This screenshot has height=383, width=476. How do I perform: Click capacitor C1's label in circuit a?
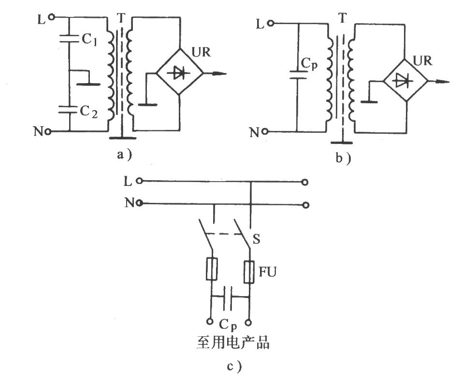point(89,40)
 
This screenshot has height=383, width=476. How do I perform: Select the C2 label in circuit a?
point(89,112)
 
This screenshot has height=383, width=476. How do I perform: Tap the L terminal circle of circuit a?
point(52,17)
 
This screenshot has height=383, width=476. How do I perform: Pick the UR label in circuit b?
point(422,61)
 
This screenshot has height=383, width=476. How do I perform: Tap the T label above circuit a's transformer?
point(121,18)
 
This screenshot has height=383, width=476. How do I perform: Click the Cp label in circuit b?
point(309,64)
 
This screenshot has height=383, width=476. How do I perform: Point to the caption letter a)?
point(125,155)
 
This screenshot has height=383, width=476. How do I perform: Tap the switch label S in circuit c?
point(257,240)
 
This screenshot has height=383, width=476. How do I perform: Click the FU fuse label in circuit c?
point(268,272)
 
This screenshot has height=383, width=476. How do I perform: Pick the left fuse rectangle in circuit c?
point(212,269)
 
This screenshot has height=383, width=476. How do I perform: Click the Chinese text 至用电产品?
point(233,343)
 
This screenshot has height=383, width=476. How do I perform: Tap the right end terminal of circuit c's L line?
point(305,182)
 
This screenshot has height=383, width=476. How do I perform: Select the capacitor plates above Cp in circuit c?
point(228,298)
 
